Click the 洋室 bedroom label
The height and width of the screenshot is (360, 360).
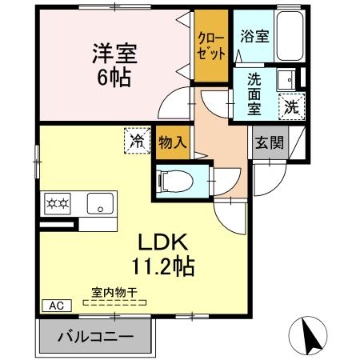coord(114,54)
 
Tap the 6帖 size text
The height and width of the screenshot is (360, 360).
coord(114,78)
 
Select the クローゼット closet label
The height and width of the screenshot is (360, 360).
coord(211,46)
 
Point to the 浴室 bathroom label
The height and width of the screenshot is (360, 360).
coord(254,36)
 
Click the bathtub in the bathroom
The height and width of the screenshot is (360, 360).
coord(290,36)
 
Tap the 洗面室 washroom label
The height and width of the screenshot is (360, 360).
coord(254,94)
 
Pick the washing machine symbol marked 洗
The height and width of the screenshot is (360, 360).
coord(291,107)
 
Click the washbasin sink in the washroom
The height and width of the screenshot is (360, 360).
coord(286,79)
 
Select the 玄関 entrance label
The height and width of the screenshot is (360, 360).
coord(270,143)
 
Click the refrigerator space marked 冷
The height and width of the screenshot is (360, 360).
coord(138,141)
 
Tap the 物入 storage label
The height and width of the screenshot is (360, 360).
coord(173,142)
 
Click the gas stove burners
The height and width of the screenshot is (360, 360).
coord(58,204)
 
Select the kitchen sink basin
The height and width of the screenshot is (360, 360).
coord(100,203)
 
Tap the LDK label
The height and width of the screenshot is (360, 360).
coord(162,242)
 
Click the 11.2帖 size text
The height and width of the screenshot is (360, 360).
coord(163,266)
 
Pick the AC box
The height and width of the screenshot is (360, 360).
coord(57,306)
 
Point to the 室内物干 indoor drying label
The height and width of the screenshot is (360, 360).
coord(114,293)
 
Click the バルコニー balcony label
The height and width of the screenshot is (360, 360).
coord(96,337)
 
